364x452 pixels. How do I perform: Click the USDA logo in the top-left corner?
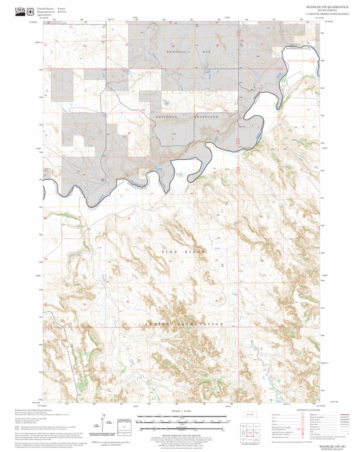(25, 11)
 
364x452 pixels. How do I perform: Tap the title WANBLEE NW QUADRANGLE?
(327, 7)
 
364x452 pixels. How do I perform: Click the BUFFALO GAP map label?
(182, 52)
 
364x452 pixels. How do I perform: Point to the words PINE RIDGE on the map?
(183, 252)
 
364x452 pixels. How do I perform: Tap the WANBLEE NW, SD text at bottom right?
(331, 446)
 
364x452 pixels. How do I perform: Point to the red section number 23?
(175, 216)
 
